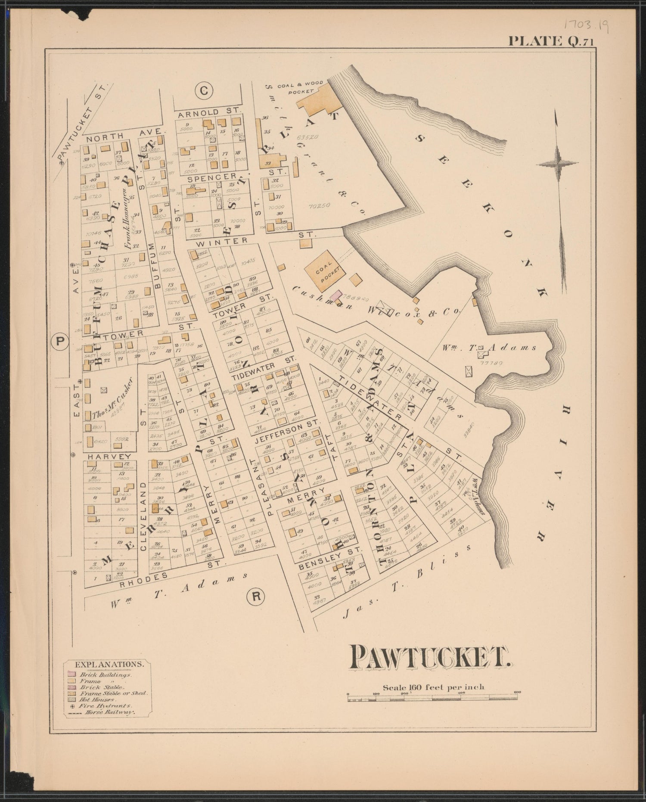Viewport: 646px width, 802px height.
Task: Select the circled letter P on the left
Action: click(x=60, y=342)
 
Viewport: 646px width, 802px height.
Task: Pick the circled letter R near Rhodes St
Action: click(x=255, y=596)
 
